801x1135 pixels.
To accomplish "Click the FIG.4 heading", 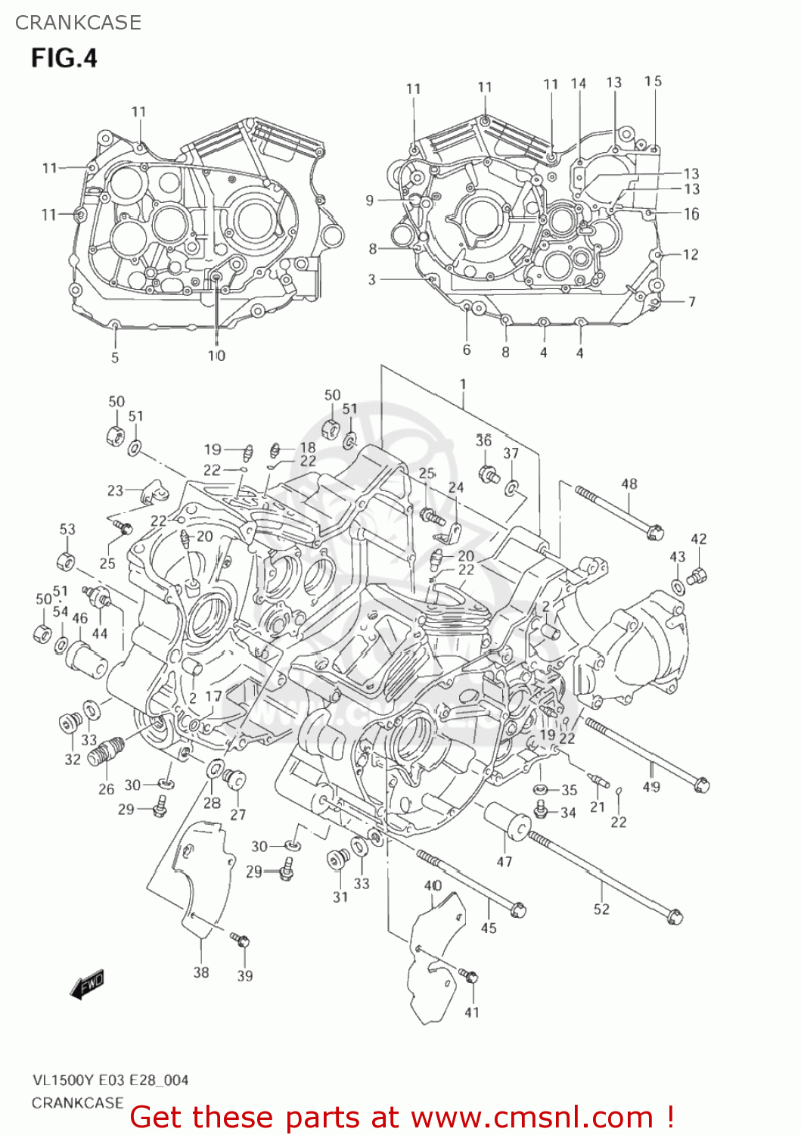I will (x=64, y=58).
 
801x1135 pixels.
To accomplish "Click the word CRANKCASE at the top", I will (x=78, y=23).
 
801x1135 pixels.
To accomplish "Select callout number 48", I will (x=629, y=484).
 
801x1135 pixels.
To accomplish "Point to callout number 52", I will (x=601, y=909).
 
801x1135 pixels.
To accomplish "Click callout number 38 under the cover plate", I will (x=200, y=972).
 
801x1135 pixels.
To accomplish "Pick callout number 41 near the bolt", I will (x=472, y=1012).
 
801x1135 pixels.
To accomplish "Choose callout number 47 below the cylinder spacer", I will (x=505, y=861).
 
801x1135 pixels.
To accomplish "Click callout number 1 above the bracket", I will (x=463, y=384).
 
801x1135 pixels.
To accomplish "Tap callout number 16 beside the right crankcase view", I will (x=691, y=214).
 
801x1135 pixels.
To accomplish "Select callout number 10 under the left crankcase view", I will (x=216, y=356).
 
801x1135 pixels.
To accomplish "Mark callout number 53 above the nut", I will (x=67, y=529).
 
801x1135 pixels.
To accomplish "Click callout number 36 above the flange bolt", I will (x=484, y=440).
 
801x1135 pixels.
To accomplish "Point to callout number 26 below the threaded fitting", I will (x=107, y=789).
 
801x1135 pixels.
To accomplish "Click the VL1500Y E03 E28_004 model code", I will (x=110, y=1080).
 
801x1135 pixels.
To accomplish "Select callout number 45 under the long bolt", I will (x=489, y=928).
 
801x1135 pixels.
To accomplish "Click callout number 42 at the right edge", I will (x=699, y=539).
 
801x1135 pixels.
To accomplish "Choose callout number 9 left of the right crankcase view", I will (x=369, y=200).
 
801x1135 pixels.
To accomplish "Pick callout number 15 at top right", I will (x=653, y=81).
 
